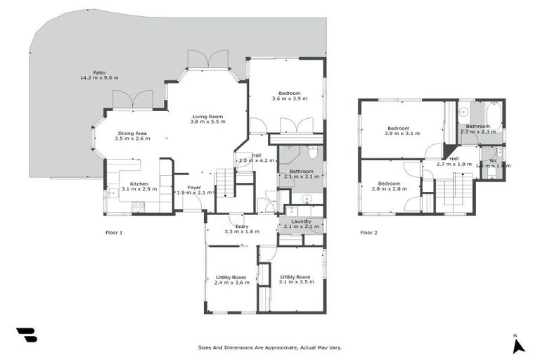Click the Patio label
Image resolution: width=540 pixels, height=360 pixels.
[89, 75]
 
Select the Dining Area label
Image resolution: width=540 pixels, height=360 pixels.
[132, 136]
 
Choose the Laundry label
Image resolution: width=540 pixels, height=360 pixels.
[301, 224]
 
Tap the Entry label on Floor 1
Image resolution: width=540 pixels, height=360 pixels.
[241, 229]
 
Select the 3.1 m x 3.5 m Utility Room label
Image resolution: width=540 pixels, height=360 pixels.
[295, 279]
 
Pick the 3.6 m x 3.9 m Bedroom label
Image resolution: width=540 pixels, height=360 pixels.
[289, 96]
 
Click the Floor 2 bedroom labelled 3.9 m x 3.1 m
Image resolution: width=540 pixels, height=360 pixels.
[403, 130]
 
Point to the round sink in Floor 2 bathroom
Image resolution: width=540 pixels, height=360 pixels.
[464, 111]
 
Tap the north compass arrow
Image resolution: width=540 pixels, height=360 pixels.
[519, 345]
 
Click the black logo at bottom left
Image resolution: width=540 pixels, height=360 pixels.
[27, 335]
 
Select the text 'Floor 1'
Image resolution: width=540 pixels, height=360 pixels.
[113, 232]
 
